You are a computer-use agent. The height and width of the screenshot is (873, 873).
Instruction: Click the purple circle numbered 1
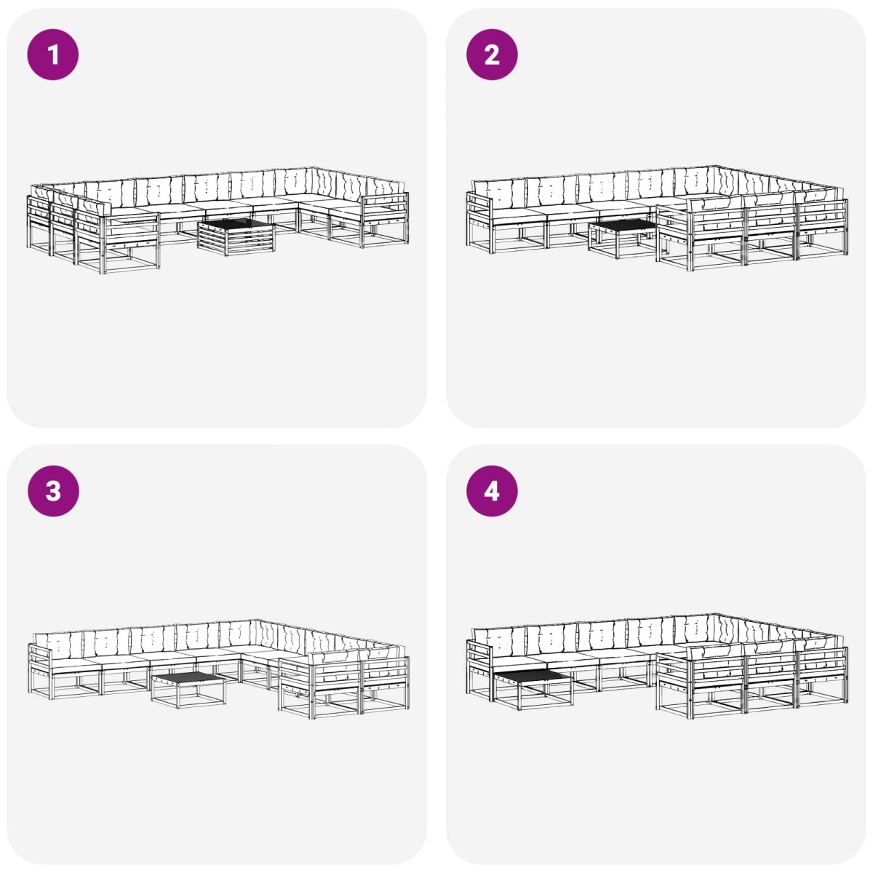[x=53, y=55]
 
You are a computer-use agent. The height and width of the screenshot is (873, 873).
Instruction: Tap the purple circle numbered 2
[x=492, y=55]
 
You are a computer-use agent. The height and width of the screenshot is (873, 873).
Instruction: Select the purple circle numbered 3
[x=53, y=490]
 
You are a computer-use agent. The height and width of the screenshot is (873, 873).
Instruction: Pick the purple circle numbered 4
[x=492, y=490]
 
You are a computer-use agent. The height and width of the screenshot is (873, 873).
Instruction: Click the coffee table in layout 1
[x=236, y=236]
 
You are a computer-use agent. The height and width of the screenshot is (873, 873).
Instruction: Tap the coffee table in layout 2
[x=623, y=238]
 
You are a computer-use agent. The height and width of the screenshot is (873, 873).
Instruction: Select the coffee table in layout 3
[x=188, y=691]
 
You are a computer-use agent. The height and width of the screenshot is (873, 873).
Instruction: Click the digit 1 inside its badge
[x=53, y=55]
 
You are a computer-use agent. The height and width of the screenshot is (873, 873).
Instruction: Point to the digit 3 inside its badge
[x=53, y=491]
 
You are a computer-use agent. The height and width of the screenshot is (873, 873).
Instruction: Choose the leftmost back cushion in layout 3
[x=58, y=645]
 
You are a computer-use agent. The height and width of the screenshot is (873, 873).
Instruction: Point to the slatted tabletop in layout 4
[x=533, y=676]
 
